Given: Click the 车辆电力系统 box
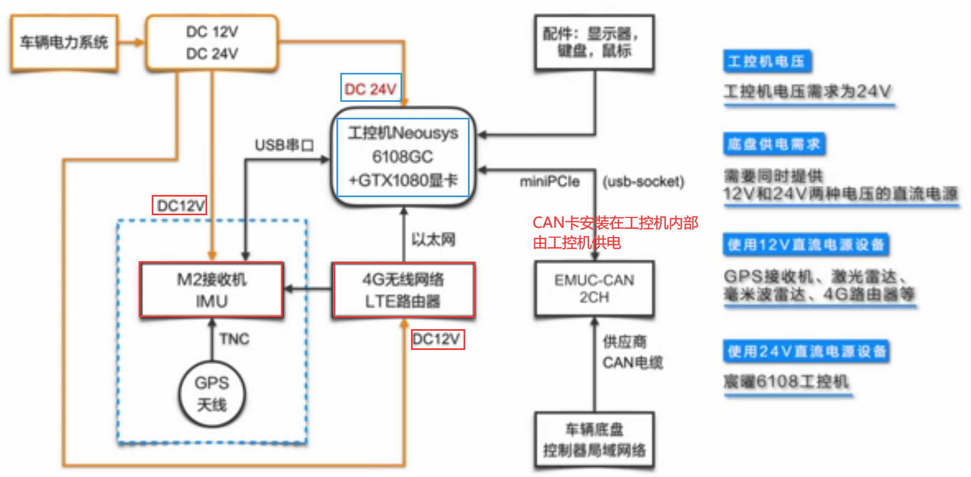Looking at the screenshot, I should tap(64, 43).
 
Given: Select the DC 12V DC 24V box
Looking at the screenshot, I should tap(212, 43).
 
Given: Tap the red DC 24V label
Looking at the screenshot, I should tap(370, 88).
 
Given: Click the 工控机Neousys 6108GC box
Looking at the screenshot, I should tap(403, 157).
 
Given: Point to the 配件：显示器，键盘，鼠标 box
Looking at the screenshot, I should tap(594, 43).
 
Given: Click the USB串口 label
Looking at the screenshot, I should tap(284, 145).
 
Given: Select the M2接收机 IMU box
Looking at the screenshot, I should tap(212, 290).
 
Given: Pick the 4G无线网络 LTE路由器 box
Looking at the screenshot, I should tap(403, 290).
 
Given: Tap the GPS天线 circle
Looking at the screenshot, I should tap(212, 394).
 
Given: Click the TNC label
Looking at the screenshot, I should tap(235, 339).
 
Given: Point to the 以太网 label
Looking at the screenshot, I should tap(433, 239).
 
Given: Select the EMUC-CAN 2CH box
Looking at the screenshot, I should tap(594, 289).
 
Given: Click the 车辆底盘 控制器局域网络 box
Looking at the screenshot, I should tap(594, 440).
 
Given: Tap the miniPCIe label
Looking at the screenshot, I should tap(550, 181).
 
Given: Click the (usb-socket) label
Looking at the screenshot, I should tap(643, 181).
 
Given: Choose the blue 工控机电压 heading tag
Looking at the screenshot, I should tap(767, 61).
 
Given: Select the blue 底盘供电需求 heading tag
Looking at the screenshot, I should tap(774, 144).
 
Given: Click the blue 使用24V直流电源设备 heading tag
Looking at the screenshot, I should tap(806, 351).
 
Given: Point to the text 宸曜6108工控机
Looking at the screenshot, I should tap(786, 381).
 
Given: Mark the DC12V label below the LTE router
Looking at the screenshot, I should tap(437, 339).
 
